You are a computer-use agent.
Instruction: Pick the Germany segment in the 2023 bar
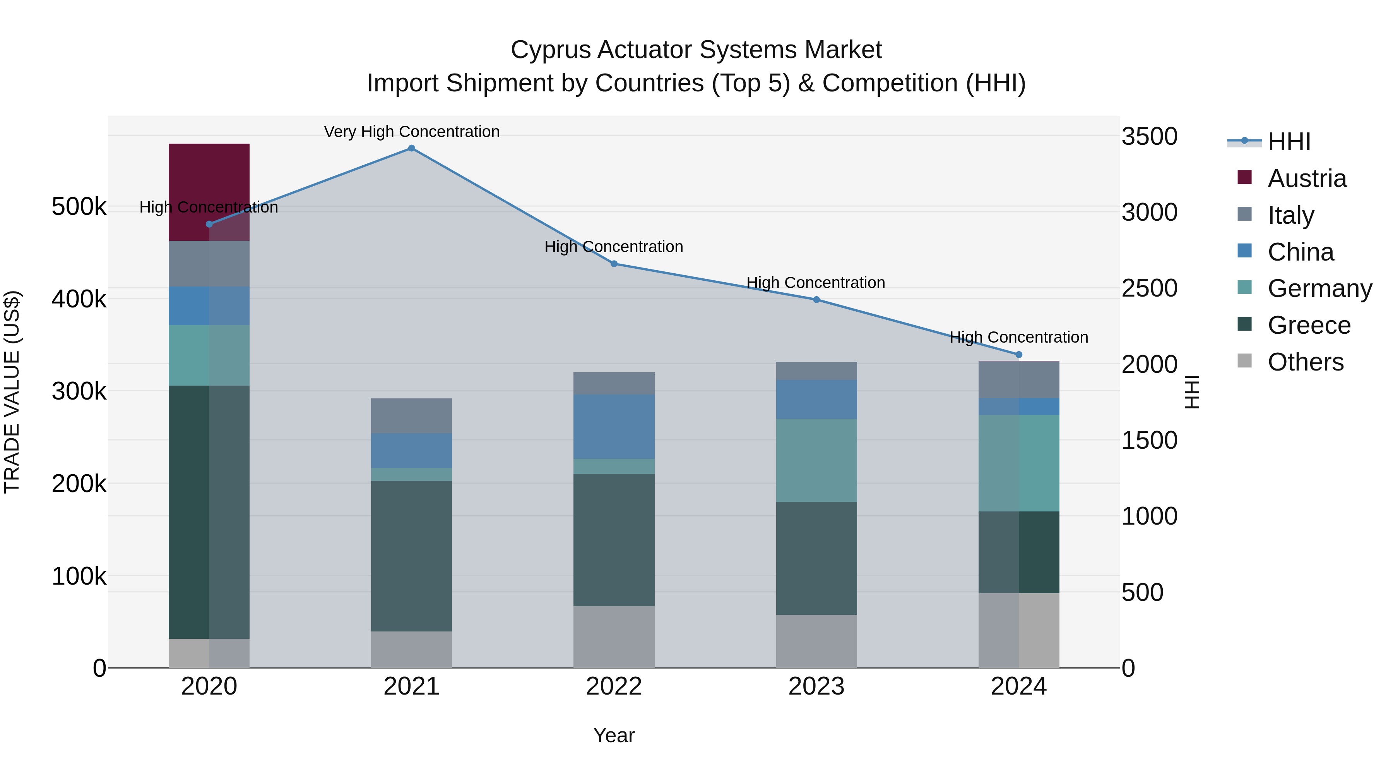(816, 460)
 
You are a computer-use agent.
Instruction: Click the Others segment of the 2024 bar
(1018, 630)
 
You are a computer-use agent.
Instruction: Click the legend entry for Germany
(1319, 288)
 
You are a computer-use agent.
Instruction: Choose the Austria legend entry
(1306, 178)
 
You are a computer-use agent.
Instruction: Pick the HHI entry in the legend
(1289, 142)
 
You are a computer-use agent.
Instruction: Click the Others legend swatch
(1244, 361)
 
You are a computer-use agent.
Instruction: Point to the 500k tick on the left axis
(79, 207)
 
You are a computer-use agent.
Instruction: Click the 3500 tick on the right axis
(1149, 136)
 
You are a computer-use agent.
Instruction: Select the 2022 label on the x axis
(614, 686)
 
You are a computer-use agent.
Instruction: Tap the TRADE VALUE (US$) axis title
(12, 392)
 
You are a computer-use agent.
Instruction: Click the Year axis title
(614, 735)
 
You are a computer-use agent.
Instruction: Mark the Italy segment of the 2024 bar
(1018, 379)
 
